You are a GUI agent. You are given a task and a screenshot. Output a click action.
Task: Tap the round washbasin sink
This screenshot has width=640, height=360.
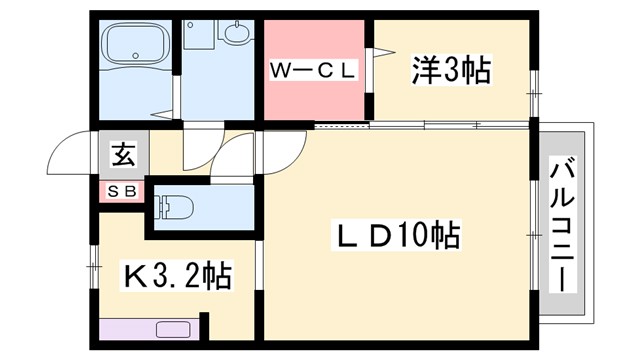[x=239, y=36]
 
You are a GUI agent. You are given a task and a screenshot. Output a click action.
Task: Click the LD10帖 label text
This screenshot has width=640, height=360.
[x=396, y=237]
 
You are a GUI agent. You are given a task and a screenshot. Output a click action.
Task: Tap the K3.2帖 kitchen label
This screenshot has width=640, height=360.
[x=177, y=273]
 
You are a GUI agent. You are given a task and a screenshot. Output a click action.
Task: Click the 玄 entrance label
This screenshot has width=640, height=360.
[x=122, y=156]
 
